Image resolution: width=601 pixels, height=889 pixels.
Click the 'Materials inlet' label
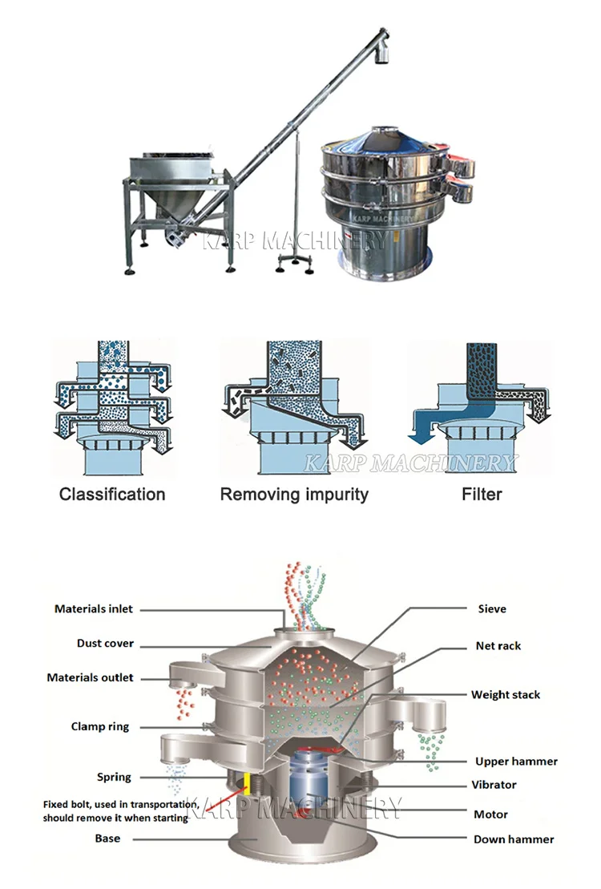93,609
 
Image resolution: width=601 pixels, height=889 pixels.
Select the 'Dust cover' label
105,643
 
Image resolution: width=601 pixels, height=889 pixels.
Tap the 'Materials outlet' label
90,677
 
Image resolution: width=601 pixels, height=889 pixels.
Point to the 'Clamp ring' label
99,727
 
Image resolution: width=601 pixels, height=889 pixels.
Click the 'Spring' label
114,777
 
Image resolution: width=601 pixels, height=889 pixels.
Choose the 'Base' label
107,838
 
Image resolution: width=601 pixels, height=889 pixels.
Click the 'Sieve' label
491,609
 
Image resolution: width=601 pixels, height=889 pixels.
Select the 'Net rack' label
498,645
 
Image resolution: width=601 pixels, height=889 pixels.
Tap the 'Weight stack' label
505,695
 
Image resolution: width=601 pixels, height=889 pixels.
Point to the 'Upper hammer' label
516,762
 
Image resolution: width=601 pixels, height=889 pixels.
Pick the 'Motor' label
490,814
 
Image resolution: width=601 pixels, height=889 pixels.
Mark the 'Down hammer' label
514,839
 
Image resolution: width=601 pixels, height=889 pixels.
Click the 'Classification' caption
112,495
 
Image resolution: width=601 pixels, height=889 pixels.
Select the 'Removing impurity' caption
294,495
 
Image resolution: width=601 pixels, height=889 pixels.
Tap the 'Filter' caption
482,495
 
